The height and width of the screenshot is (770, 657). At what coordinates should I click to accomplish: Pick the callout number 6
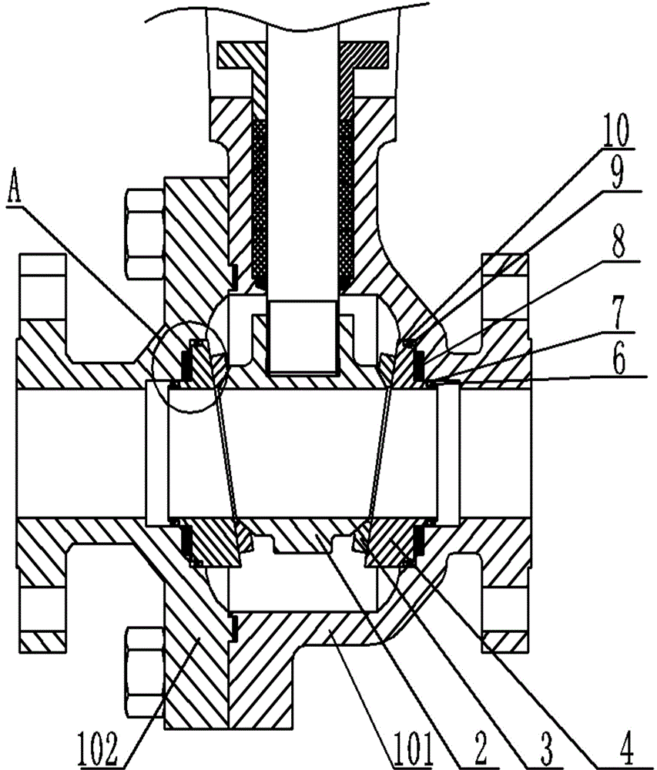618,359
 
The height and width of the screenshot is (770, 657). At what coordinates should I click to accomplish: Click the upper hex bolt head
145,233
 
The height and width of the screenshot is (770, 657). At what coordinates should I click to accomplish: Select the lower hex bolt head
145,671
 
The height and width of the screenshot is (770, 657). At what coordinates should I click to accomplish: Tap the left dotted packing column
260,203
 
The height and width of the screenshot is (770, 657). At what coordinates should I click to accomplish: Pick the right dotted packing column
347,203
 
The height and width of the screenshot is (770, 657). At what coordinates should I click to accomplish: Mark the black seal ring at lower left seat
186,543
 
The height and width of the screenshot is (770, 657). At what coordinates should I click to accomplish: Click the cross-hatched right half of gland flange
364,55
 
